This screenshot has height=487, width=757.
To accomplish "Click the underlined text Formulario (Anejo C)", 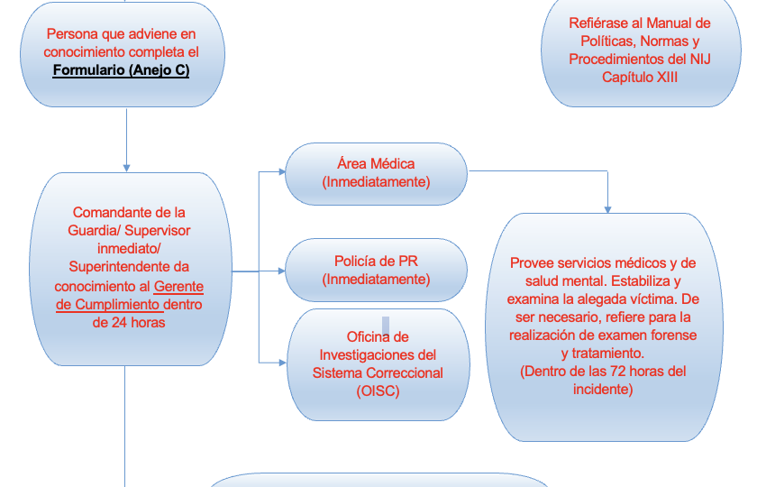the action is [121, 70].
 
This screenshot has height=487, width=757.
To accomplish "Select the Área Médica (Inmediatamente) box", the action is [376, 174].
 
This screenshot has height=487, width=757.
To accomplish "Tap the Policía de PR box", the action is [376, 270].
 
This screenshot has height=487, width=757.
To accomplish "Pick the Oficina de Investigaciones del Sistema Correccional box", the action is [378, 364].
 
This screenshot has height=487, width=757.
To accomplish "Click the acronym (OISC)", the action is [378, 391].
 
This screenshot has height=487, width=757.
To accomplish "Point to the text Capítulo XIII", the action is [640, 78].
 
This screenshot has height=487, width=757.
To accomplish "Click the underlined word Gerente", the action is [178, 287].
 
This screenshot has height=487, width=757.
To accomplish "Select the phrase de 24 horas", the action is [129, 322].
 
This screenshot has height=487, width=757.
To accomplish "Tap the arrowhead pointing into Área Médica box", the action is [282, 171].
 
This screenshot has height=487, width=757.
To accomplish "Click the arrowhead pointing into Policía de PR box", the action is [282, 271].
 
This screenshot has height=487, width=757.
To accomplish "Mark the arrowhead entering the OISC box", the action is [283, 363].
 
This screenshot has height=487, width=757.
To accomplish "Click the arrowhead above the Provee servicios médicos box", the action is [607, 209].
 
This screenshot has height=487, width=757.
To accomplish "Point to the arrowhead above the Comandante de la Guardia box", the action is [126, 168].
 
